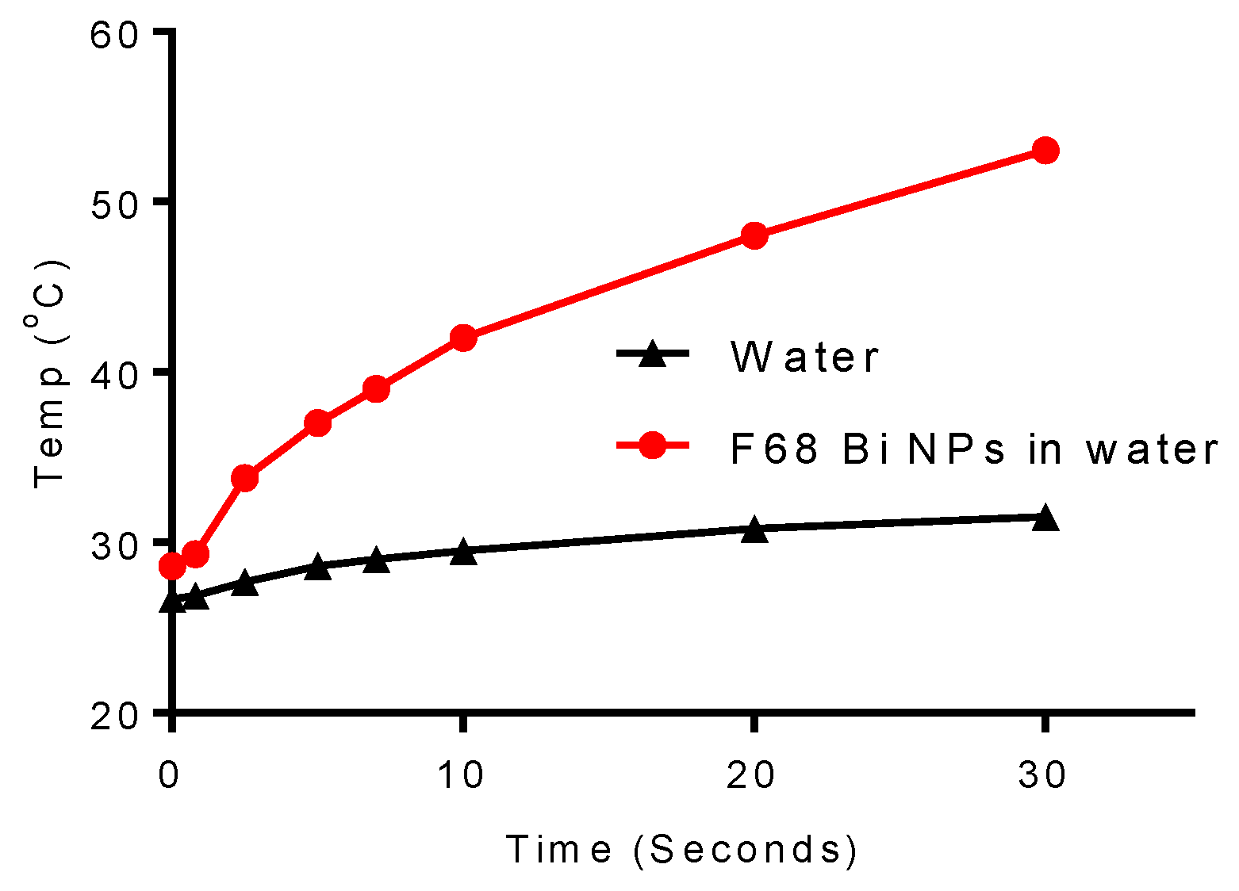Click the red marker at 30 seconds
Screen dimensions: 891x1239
point(1045,151)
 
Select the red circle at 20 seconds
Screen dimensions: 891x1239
point(754,235)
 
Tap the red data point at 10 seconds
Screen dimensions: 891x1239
point(463,338)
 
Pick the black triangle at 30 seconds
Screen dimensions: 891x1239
point(1045,518)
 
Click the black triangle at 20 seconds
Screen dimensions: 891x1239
point(754,530)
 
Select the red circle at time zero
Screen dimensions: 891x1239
point(172,566)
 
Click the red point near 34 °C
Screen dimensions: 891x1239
point(244,478)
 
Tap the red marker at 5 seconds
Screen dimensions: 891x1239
point(317,423)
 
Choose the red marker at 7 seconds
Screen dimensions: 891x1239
point(376,389)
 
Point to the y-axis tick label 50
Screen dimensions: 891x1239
point(115,203)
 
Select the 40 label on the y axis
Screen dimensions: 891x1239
point(115,373)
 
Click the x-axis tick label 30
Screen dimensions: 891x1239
point(1043,775)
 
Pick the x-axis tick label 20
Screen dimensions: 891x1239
point(752,775)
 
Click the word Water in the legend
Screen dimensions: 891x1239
point(804,357)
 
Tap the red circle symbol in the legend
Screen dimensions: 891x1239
point(652,445)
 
